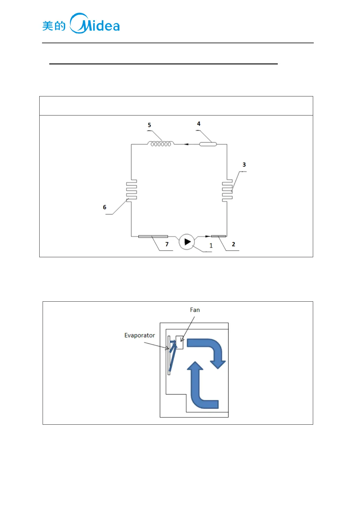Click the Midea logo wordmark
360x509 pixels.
point(95,24)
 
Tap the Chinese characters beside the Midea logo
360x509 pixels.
point(54,26)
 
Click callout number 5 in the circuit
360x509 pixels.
point(149,125)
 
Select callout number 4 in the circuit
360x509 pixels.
point(199,124)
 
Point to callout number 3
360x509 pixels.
point(244,165)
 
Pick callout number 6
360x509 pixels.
point(105,207)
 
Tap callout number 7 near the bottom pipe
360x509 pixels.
point(167,244)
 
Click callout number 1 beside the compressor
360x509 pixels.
point(211,246)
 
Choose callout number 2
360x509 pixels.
point(233,244)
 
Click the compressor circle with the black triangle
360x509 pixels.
point(187,242)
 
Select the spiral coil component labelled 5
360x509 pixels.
point(161,144)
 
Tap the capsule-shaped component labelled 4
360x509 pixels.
point(208,144)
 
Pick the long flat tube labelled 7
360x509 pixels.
point(153,236)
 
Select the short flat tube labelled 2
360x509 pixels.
point(218,236)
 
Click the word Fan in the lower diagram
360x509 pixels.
point(195,310)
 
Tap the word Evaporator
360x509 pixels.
point(140,335)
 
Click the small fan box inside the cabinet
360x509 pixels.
point(180,342)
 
